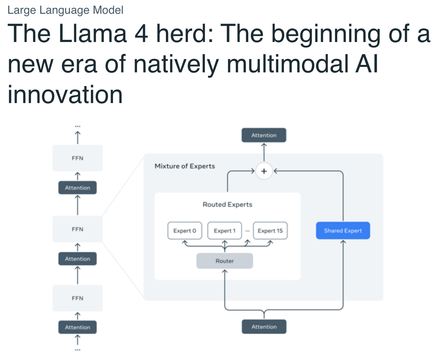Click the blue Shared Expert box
tap(343, 230)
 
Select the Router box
tap(225, 261)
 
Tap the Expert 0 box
tap(185, 230)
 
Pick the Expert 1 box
tap(225, 230)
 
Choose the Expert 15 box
tap(270, 230)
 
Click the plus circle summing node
tap(264, 171)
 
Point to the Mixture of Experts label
tap(185, 166)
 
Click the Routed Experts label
tap(227, 204)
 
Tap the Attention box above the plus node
tap(264, 135)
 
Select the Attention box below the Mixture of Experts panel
tap(264, 326)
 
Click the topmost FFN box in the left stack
tap(77, 158)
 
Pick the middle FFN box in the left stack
tap(77, 229)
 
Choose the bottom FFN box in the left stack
tap(77, 298)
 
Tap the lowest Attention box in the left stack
tap(77, 327)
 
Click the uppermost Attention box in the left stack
tap(77, 188)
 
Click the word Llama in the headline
tap(93, 34)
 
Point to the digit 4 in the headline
tap(141, 34)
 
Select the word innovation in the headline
tap(65, 95)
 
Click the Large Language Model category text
tap(66, 10)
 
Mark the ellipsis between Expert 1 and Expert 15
tap(248, 231)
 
